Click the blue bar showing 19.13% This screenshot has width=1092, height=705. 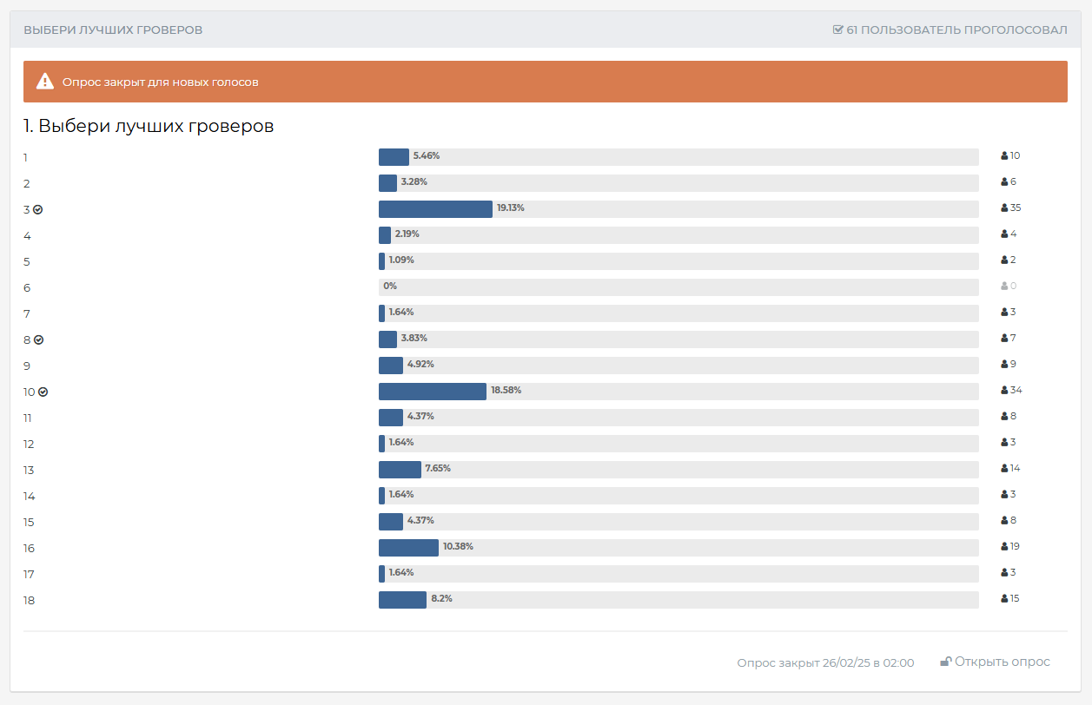pyautogui.click(x=435, y=209)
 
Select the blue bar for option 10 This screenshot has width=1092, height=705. pyautogui.click(x=432, y=392)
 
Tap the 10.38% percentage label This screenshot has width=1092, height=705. pyautogui.click(x=458, y=547)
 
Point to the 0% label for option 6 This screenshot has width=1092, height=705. pyautogui.click(x=389, y=287)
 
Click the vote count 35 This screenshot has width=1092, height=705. pyautogui.click(x=1016, y=208)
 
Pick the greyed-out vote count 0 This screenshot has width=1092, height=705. pyautogui.click(x=1012, y=287)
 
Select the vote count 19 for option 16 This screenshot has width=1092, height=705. pyautogui.click(x=1015, y=547)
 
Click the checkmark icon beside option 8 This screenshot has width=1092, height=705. pyautogui.click(x=38, y=340)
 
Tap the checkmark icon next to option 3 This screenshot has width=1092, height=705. pyautogui.click(x=38, y=210)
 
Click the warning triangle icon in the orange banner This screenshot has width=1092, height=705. pyautogui.click(x=45, y=82)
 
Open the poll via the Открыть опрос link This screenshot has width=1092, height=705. pyautogui.click(x=1002, y=662)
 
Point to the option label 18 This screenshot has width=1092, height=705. pyautogui.click(x=29, y=601)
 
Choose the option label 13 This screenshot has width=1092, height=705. pyautogui.click(x=29, y=471)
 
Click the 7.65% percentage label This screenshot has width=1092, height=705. pyautogui.click(x=438, y=469)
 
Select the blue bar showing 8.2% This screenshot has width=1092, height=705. pyautogui.click(x=402, y=600)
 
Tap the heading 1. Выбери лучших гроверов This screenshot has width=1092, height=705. pyautogui.click(x=149, y=127)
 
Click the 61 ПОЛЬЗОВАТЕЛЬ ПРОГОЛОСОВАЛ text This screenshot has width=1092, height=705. pyautogui.click(x=956, y=30)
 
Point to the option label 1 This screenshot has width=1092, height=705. pyautogui.click(x=25, y=158)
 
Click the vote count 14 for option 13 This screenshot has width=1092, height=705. pyautogui.click(x=1015, y=469)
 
